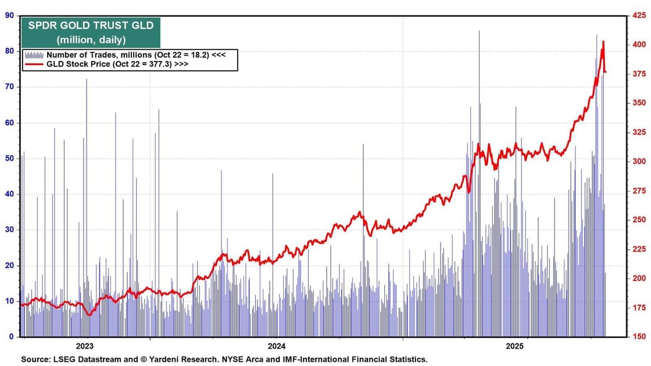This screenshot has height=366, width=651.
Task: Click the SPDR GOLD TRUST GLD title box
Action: click(x=90, y=33)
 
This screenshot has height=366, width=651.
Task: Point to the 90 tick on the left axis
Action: click(x=9, y=16)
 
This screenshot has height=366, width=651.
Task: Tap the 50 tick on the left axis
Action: click(x=9, y=159)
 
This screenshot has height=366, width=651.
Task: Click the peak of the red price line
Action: click(x=603, y=42)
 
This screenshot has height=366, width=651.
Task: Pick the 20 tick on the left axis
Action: click(x=9, y=265)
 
